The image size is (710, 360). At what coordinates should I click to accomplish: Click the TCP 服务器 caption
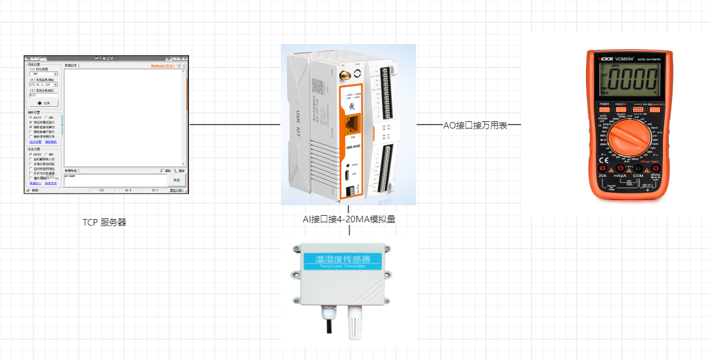(104, 222)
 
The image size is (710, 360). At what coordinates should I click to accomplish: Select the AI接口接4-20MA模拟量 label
(348, 220)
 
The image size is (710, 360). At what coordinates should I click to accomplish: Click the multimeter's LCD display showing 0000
(632, 79)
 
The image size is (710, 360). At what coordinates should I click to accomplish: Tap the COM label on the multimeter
(637, 176)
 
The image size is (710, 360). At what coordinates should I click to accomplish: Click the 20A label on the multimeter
(602, 176)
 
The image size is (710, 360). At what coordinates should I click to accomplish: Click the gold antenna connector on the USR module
(343, 75)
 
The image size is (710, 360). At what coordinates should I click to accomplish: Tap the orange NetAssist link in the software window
(162, 66)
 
